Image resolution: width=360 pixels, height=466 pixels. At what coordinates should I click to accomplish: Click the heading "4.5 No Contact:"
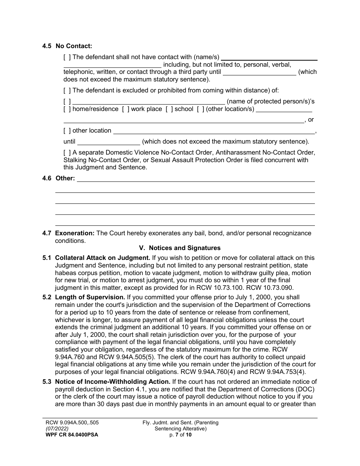67,46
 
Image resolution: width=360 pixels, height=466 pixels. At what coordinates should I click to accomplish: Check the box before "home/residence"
67,109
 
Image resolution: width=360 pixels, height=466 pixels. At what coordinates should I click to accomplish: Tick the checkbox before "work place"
125,109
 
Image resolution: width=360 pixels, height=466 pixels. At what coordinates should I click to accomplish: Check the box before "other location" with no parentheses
67,131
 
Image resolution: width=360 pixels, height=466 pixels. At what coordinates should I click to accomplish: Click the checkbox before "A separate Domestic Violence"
67,153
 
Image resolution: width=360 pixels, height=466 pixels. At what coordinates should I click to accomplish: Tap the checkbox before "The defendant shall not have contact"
67,57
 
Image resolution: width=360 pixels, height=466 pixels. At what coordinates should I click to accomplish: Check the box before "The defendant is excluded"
67,91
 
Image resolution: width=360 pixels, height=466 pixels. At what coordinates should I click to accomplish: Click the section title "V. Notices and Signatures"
180,248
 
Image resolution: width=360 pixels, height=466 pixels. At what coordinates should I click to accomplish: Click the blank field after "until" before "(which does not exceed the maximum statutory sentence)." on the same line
108,142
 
